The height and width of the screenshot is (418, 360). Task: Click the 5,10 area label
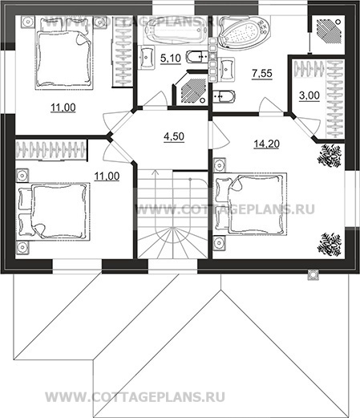(171, 58)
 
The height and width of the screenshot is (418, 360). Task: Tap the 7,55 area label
(262, 73)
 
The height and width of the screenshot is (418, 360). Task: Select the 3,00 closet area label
(309, 95)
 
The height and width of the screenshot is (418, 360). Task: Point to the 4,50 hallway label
(174, 136)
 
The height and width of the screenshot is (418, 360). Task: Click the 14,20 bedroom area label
(266, 144)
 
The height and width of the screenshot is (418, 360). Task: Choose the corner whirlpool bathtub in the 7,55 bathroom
(243, 33)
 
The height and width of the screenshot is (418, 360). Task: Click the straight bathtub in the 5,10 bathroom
(176, 30)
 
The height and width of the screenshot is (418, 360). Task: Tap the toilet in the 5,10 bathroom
(197, 56)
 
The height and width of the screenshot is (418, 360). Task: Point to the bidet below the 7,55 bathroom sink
(224, 96)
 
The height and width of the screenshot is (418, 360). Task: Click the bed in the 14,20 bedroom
(251, 204)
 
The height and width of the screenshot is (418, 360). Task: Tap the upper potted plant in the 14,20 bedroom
(330, 156)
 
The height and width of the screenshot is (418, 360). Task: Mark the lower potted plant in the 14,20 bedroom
(330, 245)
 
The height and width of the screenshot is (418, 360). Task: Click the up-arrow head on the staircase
(155, 172)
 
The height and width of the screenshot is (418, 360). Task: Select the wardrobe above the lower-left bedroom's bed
(51, 150)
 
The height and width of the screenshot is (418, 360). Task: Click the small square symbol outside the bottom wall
(313, 274)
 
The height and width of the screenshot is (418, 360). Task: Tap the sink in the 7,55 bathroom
(227, 68)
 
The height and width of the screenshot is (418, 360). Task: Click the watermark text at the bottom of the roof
(136, 397)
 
